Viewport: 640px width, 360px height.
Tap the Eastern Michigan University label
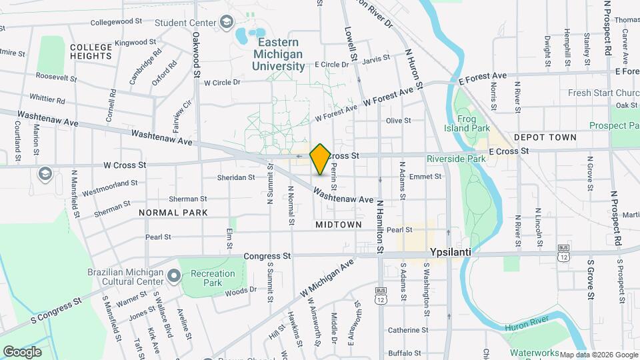(278, 54)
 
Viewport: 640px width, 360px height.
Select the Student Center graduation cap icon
(227, 23)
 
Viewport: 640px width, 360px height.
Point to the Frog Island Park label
(473, 122)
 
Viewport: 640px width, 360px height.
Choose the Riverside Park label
(456, 159)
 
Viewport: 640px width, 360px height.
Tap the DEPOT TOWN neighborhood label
(545, 137)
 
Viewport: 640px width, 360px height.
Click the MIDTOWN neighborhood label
(339, 225)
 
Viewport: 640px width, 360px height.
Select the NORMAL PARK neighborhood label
(173, 212)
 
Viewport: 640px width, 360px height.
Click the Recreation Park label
(213, 278)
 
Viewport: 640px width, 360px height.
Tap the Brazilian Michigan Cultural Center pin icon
(173, 275)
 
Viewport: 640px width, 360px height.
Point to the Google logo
(21, 351)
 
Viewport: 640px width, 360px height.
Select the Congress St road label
(267, 255)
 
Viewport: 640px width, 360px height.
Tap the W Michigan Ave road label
(326, 279)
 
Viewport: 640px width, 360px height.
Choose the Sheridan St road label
(236, 177)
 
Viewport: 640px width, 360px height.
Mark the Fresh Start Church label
(603, 93)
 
